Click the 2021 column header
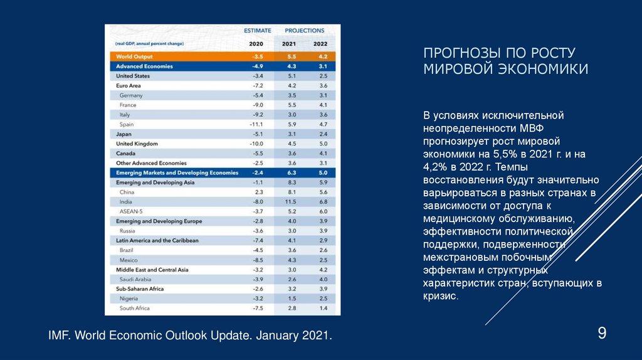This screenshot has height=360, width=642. click(x=289, y=44)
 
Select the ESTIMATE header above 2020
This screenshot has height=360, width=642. click(x=257, y=30)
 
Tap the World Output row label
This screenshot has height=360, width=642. click(x=131, y=56)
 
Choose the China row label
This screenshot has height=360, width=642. click(x=127, y=192)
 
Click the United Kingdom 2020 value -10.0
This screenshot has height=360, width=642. click(x=256, y=144)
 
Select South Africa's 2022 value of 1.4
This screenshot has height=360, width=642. click(x=323, y=309)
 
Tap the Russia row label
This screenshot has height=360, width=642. click(x=127, y=231)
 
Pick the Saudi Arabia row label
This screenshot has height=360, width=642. click(x=135, y=279)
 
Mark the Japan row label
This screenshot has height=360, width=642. click(x=124, y=134)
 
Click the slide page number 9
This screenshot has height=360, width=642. click(x=601, y=333)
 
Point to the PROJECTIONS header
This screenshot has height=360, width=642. click(x=305, y=30)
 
